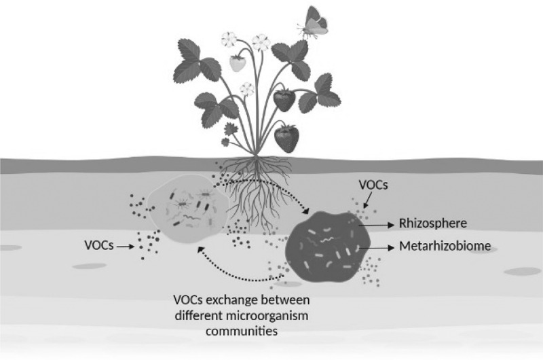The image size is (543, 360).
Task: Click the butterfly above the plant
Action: click(x=314, y=23)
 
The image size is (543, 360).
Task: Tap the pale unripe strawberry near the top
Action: click(x=238, y=63)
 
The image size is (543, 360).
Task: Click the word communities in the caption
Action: click(x=226, y=331)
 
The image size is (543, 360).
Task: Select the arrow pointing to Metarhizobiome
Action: click(x=380, y=249)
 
